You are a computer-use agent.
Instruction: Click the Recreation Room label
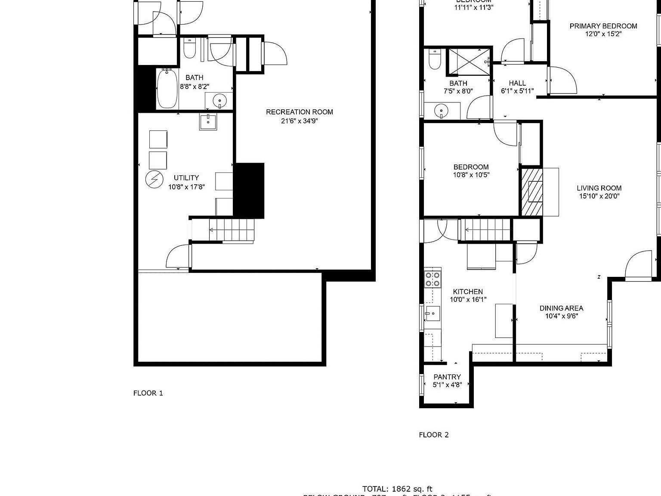(299, 112)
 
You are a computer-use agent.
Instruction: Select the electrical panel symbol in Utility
(153, 180)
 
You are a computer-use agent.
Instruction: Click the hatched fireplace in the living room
(532, 192)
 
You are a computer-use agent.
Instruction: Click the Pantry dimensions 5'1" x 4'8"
(447, 385)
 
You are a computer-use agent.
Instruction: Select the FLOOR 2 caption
(433, 435)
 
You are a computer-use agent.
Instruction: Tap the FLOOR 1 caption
(148, 393)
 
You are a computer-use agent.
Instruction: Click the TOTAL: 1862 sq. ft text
(397, 489)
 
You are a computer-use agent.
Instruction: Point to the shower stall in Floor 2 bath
(469, 62)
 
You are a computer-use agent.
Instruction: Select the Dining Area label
(561, 308)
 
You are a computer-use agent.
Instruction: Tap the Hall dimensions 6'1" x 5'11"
(517, 91)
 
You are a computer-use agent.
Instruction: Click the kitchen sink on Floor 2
(433, 313)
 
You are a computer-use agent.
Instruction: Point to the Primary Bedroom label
(603, 26)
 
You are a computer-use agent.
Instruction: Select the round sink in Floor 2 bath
(441, 112)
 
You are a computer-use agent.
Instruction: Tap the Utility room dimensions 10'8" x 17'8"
(186, 187)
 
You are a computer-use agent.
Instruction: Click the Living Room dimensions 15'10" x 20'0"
(599, 196)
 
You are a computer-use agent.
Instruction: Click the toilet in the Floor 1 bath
(189, 49)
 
